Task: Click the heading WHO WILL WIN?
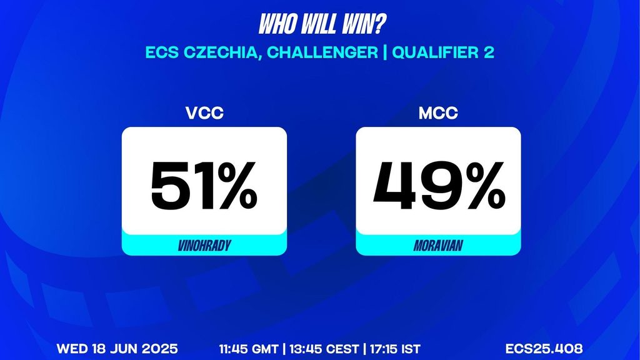(322, 25)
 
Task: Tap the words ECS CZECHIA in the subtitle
(204, 53)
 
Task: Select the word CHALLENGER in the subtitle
(322, 52)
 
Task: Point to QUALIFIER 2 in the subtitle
(443, 52)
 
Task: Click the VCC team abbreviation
(204, 113)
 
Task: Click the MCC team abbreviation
(438, 113)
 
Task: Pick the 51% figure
(204, 185)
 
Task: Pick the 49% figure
(439, 185)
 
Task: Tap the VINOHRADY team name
(204, 245)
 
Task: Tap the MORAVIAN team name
(438, 245)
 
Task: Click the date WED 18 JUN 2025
(117, 349)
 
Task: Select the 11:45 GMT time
(249, 349)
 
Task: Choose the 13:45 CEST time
(324, 349)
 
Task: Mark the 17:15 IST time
(395, 349)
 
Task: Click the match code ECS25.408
(544, 349)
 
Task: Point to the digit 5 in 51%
(169, 185)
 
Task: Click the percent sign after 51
(237, 185)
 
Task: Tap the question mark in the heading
(379, 25)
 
